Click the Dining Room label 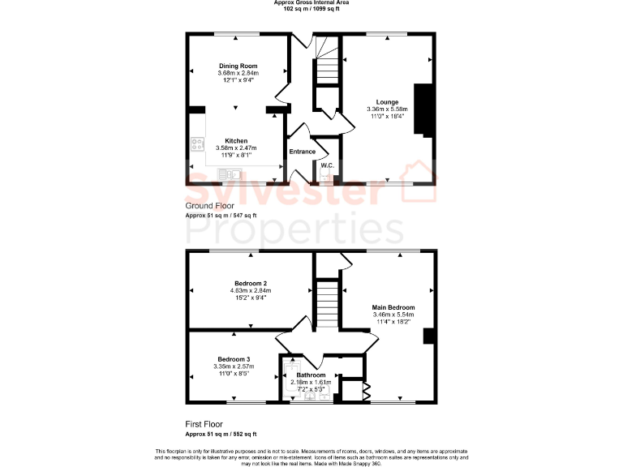pos(238,66)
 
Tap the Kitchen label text pos(236,140)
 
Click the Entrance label pos(303,151)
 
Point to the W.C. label pos(328,165)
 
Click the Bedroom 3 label pos(233,359)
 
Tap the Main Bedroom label pos(393,307)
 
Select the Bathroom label pos(311,375)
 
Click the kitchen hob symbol pos(197,145)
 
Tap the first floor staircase pos(326,304)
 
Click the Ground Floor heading pos(209,206)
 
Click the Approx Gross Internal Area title pos(311,2)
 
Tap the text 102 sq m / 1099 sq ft pos(311,9)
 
